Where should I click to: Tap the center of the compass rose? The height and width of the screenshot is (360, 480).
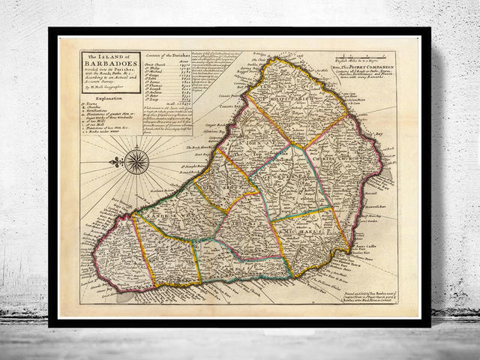coord(136,161)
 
